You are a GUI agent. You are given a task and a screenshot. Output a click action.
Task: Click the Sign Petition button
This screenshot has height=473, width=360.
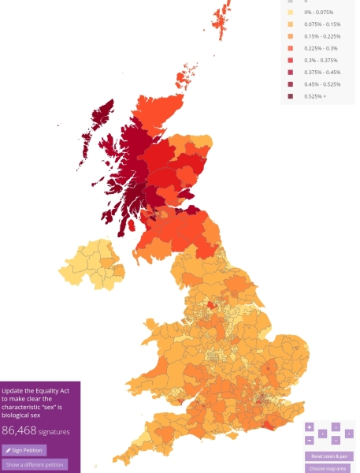[x=24, y=450]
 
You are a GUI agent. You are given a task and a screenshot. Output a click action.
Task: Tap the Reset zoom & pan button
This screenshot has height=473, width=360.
[x=329, y=456]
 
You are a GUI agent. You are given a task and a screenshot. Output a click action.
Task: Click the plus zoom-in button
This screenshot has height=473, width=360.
[x=310, y=427]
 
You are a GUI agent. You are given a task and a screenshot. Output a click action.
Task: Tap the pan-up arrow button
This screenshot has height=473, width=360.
[x=336, y=427]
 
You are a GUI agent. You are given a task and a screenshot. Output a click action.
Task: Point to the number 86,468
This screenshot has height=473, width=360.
[x=20, y=430]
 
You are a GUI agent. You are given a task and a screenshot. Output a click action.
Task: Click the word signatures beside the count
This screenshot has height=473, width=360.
[x=54, y=432]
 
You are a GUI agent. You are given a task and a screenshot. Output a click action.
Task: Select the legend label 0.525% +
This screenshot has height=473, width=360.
[x=315, y=95]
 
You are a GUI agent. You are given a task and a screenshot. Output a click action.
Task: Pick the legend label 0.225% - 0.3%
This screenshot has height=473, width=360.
[x=320, y=48]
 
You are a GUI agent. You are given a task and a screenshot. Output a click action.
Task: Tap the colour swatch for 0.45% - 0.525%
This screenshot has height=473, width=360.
[x=291, y=84]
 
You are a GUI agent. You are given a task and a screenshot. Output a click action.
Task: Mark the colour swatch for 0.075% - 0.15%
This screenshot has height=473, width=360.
[x=291, y=24]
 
